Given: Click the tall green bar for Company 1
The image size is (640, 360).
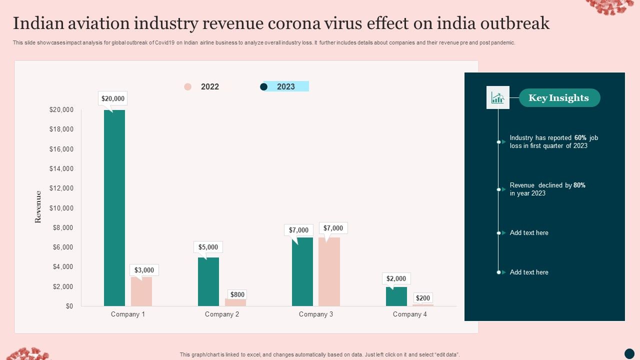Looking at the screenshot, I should click(114, 207).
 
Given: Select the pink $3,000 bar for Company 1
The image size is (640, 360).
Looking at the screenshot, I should click(141, 291).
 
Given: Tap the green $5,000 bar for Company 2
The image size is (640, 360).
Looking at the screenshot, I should click(208, 281).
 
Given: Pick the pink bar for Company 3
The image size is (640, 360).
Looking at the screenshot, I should click(329, 271).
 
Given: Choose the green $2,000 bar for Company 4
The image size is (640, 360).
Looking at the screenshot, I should click(396, 296).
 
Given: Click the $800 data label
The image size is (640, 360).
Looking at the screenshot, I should click(237, 294).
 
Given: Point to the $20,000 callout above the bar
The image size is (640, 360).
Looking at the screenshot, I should click(113, 98).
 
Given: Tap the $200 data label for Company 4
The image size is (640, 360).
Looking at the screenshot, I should click(423, 298).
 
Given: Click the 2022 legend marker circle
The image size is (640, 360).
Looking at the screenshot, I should click(187, 86).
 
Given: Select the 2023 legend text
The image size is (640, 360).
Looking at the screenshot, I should click(286, 86).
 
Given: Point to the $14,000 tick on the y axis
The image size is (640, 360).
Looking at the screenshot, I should click(61, 168).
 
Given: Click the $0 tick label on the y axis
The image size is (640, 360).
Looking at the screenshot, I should click(69, 306).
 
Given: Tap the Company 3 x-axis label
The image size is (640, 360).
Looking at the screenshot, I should click(316, 314).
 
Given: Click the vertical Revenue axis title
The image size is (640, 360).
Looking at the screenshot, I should click(38, 206).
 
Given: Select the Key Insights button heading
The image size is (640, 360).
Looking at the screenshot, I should click(559, 98).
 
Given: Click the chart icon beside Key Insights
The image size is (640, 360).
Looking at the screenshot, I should click(497, 97).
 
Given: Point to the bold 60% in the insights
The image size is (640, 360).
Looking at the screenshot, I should click(580, 137).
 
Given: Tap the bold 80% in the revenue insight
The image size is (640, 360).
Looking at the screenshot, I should click(579, 185).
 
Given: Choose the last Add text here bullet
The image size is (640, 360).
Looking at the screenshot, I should click(529, 272).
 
